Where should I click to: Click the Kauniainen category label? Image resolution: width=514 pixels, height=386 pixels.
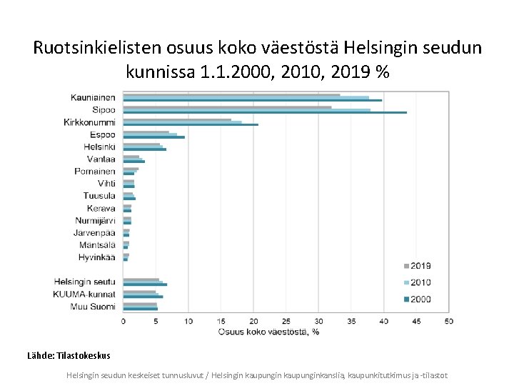point(93,97)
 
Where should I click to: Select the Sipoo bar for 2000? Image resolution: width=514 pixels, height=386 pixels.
point(264,112)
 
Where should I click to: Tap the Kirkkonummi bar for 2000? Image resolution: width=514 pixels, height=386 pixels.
point(190,125)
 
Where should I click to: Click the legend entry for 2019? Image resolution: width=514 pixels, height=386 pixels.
point(420,266)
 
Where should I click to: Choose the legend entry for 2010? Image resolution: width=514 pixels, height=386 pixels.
point(420,282)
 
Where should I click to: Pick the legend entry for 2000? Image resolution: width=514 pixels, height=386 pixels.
point(420,299)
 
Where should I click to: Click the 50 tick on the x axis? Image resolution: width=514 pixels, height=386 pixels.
point(448,321)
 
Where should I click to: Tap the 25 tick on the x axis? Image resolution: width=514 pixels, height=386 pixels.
point(286,321)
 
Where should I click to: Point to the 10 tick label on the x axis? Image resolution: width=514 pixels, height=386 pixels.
point(188,321)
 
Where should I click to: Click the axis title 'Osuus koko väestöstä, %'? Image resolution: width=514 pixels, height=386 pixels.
point(268,331)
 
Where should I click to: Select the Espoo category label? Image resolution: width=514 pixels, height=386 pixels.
point(102,134)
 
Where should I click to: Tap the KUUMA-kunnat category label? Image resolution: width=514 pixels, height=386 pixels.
point(84,294)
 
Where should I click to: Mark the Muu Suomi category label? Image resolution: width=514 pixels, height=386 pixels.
point(92,306)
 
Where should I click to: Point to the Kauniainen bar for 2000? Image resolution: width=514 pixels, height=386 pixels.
point(252,100)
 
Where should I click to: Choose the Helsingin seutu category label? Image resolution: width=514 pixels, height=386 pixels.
point(84,282)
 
